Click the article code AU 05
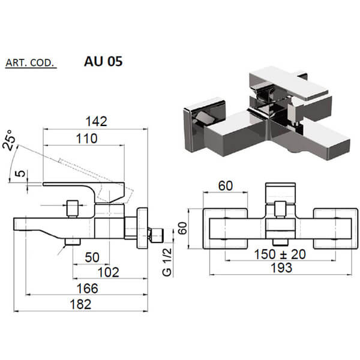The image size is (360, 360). point(103,61)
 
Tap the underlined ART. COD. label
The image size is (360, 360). point(31,63)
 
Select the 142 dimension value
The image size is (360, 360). point(96,121)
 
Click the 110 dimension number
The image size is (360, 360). point(87,139)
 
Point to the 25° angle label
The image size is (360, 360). point(9,140)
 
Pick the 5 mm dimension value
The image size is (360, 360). point(20,173)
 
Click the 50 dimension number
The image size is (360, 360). point(92,257)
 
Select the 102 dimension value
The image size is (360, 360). point(109,272)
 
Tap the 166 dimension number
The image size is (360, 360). point(87,289)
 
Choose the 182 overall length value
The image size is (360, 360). point(80,304)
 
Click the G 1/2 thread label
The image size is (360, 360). point(167,262)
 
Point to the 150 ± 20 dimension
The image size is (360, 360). point(280,254)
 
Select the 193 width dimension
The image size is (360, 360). point(281,268)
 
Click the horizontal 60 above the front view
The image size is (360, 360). point(226,186)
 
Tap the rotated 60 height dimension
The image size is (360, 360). point(182,228)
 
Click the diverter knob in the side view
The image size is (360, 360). point(72,208)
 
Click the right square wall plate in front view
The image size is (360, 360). point(335,229)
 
